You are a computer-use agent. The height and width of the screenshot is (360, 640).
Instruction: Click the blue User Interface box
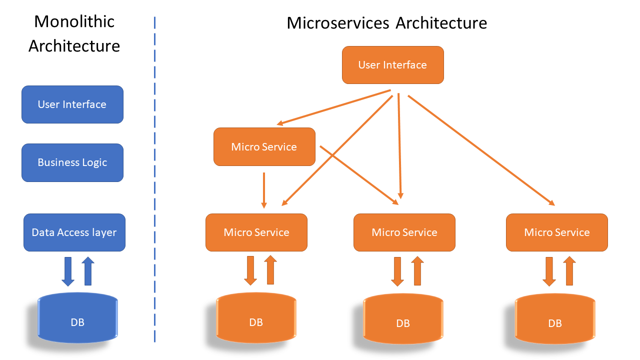tap(72, 104)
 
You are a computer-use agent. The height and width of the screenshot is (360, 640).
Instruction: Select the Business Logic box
tap(72, 162)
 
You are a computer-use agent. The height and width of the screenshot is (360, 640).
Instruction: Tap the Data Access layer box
tap(74, 232)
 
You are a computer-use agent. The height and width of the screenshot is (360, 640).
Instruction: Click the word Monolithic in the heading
tap(74, 21)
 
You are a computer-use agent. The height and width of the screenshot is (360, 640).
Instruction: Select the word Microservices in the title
tap(338, 23)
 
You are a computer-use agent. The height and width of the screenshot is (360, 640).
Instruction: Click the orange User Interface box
tap(392, 65)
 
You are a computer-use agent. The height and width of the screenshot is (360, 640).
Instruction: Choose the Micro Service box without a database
tap(264, 146)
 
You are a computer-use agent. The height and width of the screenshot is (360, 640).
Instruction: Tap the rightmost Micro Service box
tap(557, 232)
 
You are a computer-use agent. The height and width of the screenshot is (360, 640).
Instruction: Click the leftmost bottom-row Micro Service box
tap(256, 232)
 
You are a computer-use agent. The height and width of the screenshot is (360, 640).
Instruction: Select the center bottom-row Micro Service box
tap(404, 232)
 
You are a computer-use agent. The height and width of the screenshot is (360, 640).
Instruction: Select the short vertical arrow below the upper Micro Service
tap(264, 190)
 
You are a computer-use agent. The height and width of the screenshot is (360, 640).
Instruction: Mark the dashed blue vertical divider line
tap(154, 180)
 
